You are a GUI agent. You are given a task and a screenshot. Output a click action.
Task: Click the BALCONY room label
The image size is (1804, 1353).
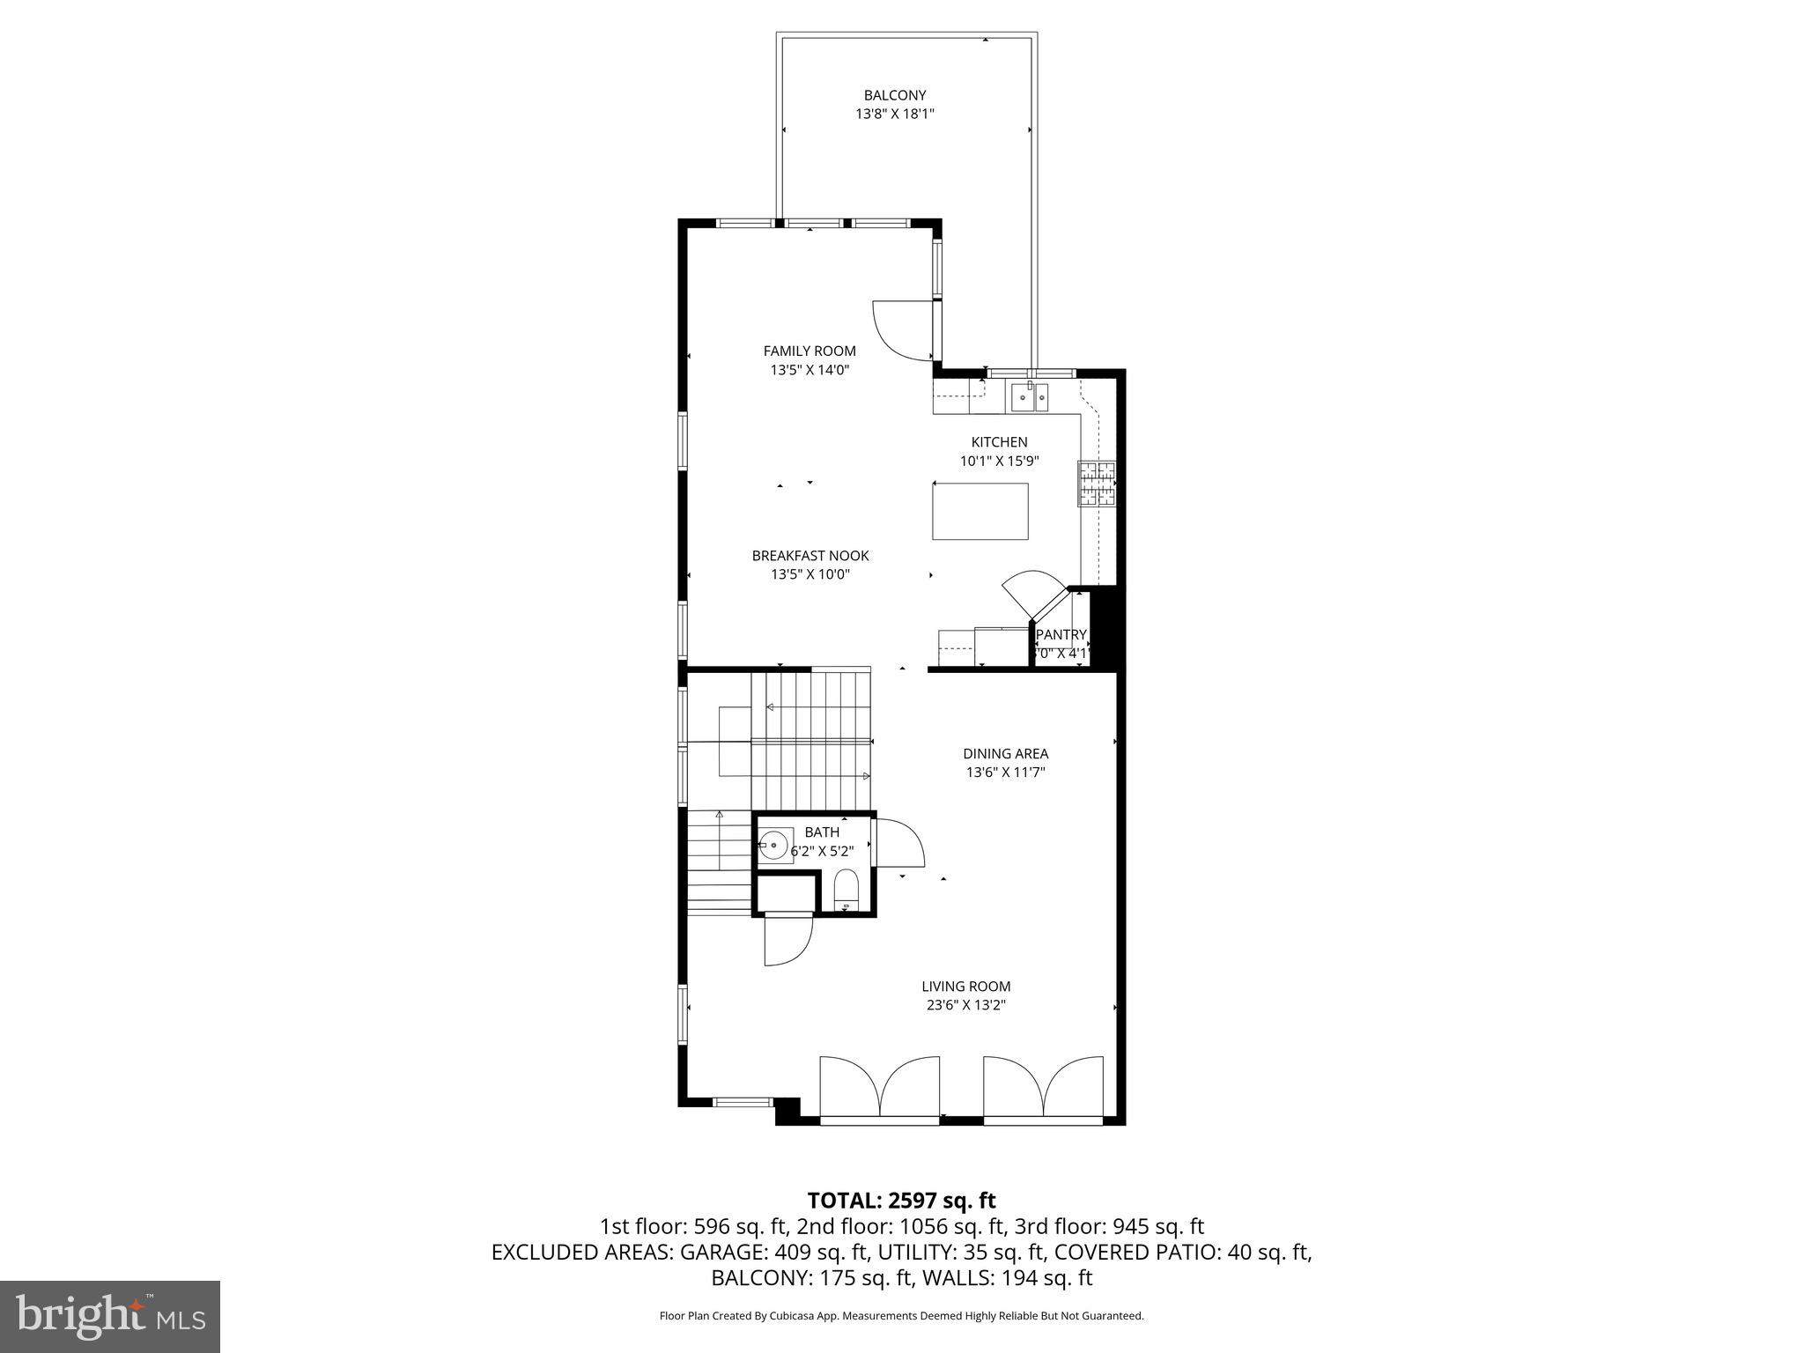894,95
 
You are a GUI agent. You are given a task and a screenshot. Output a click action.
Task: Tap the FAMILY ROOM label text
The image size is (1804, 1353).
810,351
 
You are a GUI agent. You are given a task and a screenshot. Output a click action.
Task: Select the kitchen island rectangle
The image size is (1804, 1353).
980,511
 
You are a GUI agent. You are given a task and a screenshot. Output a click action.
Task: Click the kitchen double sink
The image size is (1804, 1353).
1029,398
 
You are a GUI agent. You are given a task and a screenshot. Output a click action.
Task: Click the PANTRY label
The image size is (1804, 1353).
1061,635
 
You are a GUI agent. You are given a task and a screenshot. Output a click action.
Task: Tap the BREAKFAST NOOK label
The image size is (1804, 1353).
810,556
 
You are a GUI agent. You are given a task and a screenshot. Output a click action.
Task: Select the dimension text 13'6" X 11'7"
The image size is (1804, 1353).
1005,773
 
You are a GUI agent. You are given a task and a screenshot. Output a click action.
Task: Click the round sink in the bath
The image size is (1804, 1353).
774,847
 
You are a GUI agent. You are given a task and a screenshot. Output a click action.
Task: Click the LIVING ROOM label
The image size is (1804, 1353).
965,987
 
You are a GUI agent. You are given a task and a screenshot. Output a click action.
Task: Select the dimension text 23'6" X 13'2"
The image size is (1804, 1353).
965,1005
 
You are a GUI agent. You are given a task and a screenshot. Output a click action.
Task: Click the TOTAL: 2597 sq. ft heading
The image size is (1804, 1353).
901,1200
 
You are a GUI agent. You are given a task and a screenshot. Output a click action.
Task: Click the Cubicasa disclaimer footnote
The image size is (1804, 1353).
901,1316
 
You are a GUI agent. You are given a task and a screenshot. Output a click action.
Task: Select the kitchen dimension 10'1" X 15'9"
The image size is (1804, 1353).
999,461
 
